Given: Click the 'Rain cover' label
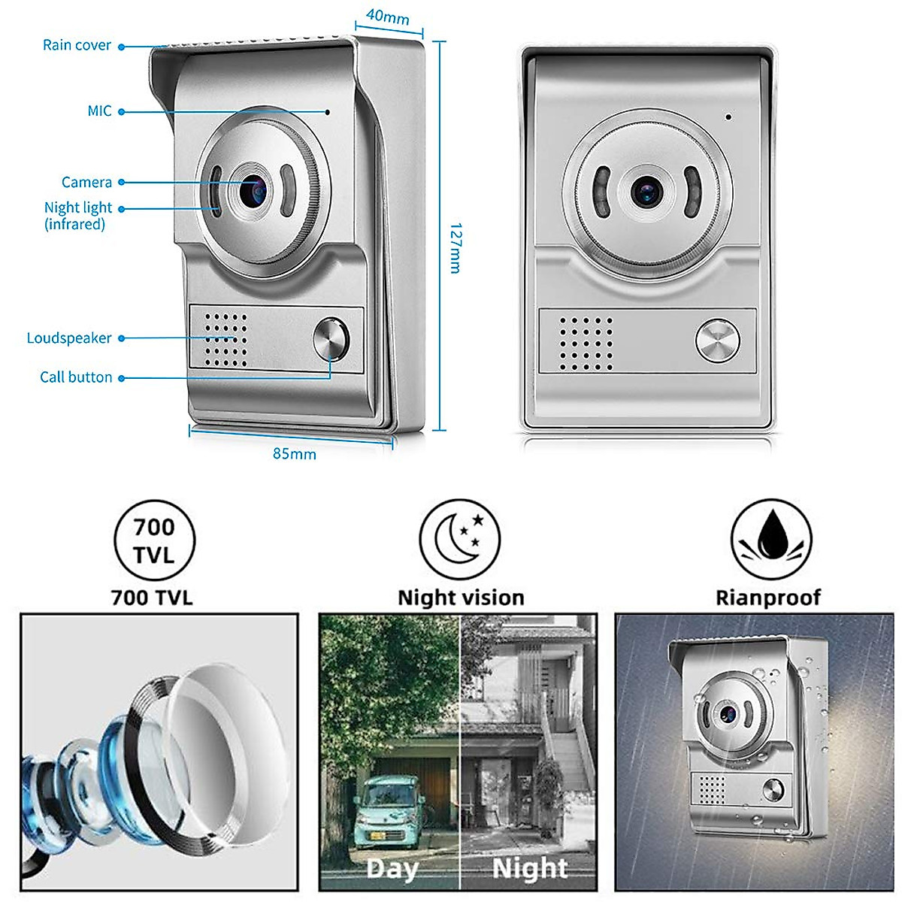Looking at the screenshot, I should pos(77,45).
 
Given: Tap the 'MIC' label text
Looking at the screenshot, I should pos(99,111).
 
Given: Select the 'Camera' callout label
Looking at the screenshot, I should pos(86,182).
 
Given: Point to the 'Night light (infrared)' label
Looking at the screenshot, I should pos(77,216).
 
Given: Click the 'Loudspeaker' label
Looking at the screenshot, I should pos(69,338).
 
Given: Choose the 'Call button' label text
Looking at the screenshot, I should pos(76,377).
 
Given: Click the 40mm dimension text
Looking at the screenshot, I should pos(387,17).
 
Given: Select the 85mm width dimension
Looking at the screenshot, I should pos(294,454).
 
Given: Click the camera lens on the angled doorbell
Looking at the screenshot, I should pos(253,192).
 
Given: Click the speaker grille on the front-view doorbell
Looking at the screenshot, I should pos(586,343).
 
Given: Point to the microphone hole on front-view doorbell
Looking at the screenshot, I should pos(728,117).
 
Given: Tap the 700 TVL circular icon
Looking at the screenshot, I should pos(154,540).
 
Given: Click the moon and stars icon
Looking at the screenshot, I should pos(460,539).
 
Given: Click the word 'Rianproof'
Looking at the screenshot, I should pos(767,598).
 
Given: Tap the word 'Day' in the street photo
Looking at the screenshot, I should pos(392,869).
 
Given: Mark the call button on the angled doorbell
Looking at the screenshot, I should pos(331,341).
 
